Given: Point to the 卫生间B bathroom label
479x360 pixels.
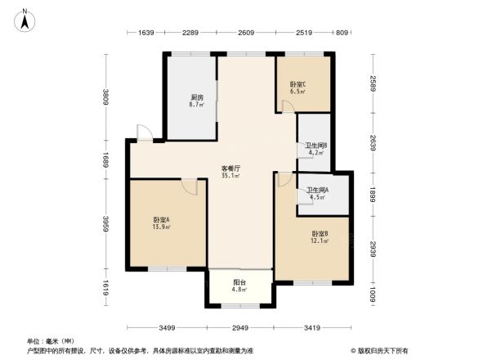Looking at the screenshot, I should (316, 148).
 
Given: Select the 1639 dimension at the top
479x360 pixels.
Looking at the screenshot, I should (146, 33).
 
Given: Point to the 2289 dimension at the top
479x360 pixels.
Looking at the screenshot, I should (190, 33).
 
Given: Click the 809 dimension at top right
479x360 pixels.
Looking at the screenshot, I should (342, 33).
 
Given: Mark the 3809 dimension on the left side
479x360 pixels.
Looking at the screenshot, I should (105, 97).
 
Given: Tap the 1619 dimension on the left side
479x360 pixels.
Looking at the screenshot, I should (105, 286).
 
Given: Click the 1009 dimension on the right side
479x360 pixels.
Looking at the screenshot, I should (373, 293).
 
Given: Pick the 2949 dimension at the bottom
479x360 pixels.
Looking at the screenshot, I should (240, 327).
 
